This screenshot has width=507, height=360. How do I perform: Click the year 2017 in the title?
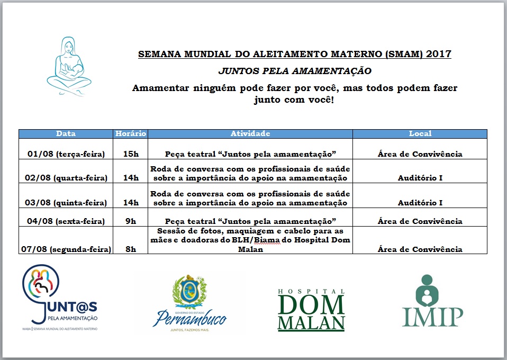pos(439,54)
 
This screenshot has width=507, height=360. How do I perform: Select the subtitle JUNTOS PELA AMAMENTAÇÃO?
pos(295,70)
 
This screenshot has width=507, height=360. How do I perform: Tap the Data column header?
pos(66,134)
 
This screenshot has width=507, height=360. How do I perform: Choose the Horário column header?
pos(130,134)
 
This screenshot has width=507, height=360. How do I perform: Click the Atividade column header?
pos(250,134)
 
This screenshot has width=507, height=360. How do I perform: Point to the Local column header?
pos(420,134)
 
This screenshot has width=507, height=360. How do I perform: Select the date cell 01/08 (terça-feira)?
pos(66,154)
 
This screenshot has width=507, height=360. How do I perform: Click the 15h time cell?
pos(130,154)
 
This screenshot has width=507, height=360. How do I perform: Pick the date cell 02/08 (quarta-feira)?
pos(66,177)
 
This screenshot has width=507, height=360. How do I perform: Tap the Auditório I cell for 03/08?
pos(420,202)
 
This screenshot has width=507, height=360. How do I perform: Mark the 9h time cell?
pos(130,221)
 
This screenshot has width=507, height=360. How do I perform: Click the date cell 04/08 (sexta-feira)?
pos(66,221)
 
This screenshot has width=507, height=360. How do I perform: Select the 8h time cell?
pos(130,249)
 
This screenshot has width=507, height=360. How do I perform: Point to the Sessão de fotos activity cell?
pos(250,240)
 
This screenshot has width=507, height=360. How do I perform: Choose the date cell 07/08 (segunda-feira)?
pos(66,249)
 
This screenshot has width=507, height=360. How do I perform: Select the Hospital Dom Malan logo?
pos(311,310)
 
